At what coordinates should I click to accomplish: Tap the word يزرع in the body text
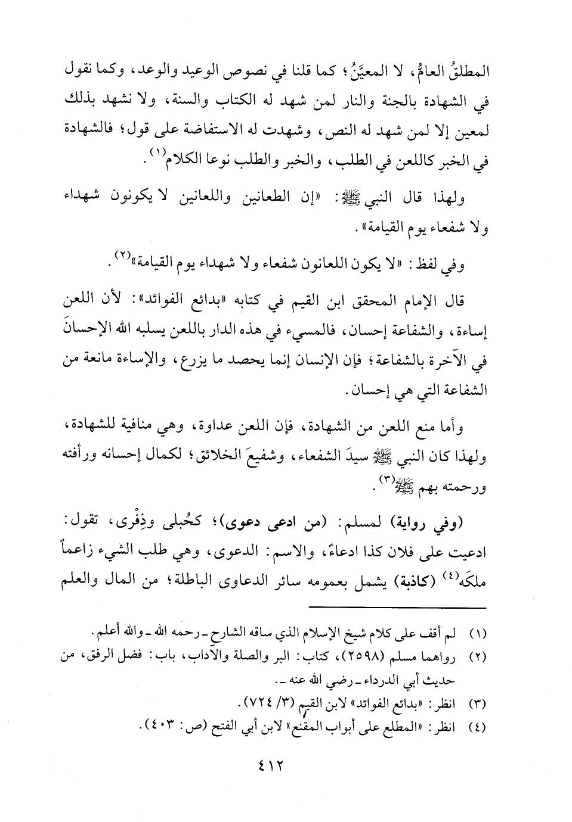[263, 363]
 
